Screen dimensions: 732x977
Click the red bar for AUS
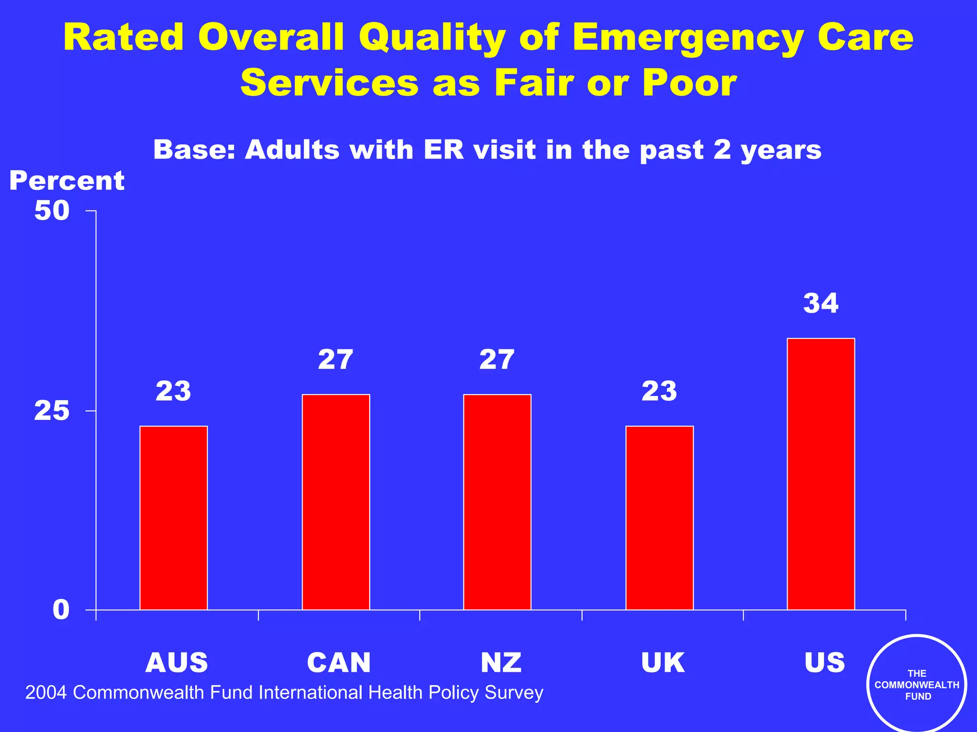tap(174, 518)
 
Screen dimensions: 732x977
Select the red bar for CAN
tap(336, 502)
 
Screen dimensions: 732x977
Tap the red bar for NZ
tap(497, 502)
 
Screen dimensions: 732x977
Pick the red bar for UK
tap(659, 518)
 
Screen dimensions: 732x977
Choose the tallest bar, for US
tap(821, 474)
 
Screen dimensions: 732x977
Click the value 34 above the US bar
tap(821, 303)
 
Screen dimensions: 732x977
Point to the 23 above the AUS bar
tap(174, 391)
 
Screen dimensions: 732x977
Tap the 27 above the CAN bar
tap(336, 360)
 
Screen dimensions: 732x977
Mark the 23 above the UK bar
tap(659, 391)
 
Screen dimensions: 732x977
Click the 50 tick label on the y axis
tap(52, 210)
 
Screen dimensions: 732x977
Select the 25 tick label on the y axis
tap(52, 411)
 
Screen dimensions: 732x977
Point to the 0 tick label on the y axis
tap(61, 610)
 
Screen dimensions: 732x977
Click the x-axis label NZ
tap(501, 662)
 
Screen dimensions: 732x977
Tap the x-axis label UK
tap(663, 662)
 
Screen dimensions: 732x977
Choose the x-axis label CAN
tap(339, 662)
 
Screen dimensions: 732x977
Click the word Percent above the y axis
tap(67, 181)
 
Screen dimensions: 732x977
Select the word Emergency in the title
tap(689, 38)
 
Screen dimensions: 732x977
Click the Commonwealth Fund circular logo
tap(916, 684)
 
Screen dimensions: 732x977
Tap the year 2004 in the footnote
tap(46, 692)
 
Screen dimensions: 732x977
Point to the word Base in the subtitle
tap(194, 150)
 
